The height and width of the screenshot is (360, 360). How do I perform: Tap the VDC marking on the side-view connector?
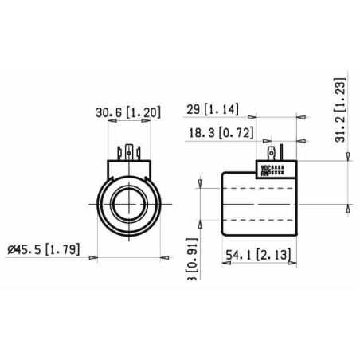click(265, 167)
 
